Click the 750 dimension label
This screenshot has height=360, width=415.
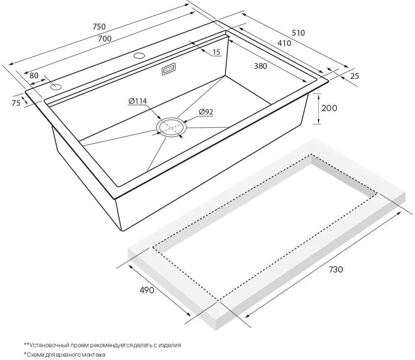[x=99, y=27]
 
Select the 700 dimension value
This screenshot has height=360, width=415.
[x=105, y=39]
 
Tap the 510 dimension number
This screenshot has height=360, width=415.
[x=298, y=33]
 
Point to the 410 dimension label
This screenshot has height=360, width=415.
[x=285, y=43]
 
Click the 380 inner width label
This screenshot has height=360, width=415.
[x=261, y=66]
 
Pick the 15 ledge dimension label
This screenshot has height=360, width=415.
[x=217, y=52]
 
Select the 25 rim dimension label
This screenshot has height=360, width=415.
[x=355, y=76]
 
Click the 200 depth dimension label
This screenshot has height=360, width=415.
[x=329, y=108]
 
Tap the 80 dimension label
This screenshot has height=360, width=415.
[x=34, y=75]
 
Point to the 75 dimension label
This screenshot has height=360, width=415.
[x=16, y=102]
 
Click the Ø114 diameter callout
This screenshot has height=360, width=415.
[x=137, y=101]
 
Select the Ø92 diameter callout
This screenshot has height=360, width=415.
[x=206, y=112]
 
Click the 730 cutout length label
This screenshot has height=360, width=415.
[x=336, y=269]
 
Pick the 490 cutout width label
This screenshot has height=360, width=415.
[x=146, y=290]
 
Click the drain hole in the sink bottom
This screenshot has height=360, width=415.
[x=171, y=127]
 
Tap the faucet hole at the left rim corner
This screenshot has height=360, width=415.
[x=56, y=87]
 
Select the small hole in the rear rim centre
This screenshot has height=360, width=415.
[x=139, y=56]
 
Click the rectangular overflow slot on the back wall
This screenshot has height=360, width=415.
[x=168, y=69]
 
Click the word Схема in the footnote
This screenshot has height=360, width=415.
[x=35, y=355]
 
